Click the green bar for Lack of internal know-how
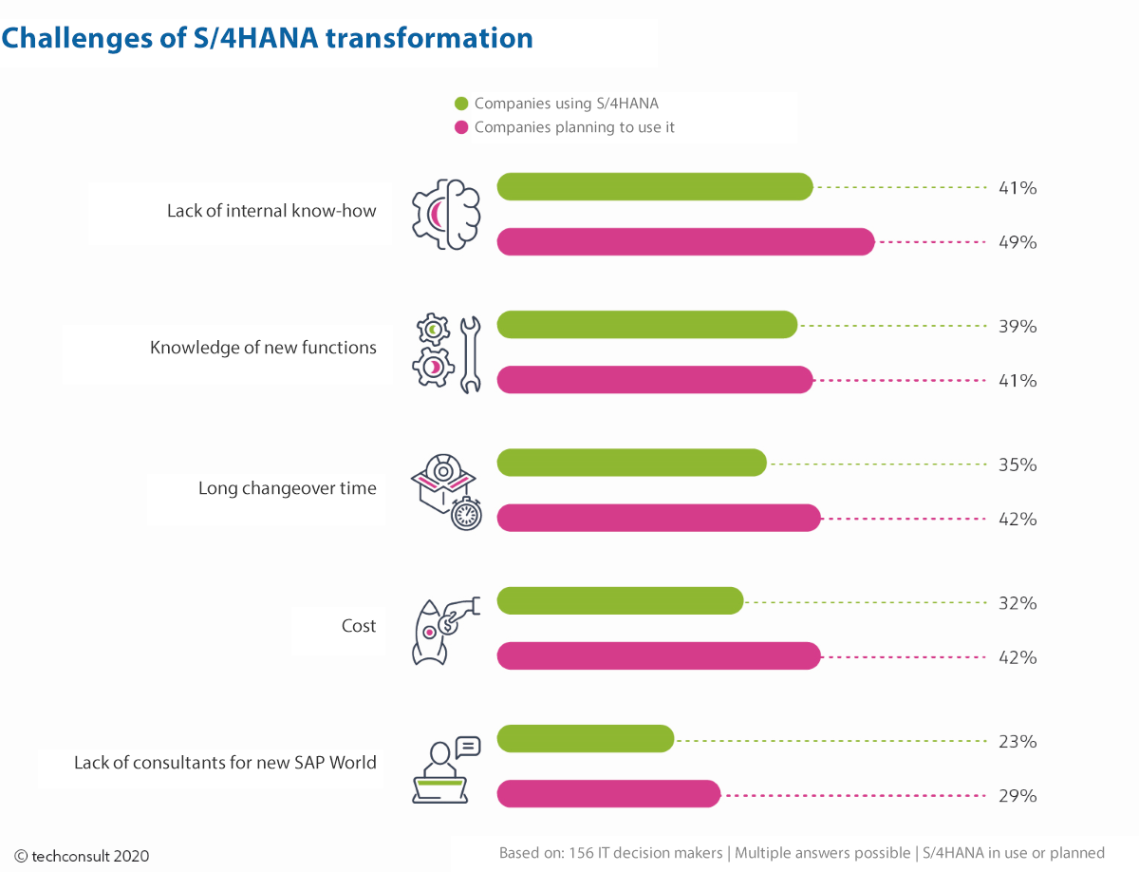tap(655, 186)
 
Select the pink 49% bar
tap(686, 241)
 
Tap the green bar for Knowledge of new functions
tap(647, 325)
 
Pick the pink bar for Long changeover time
tap(659, 518)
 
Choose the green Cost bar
tap(620, 601)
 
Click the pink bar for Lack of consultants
tap(608, 793)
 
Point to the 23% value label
tap(1018, 741)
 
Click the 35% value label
tap(1018, 464)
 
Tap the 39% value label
tap(1018, 326)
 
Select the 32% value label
tap(1018, 603)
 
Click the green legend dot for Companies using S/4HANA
tap(461, 104)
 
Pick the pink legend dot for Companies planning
tap(461, 127)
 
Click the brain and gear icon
tap(446, 214)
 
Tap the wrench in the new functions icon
tap(471, 354)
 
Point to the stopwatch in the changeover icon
tap(466, 514)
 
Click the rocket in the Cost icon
tap(429, 633)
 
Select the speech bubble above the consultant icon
tap(468, 748)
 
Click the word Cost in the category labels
tap(359, 626)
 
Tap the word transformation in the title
tap(429, 38)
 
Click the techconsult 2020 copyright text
tap(82, 856)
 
